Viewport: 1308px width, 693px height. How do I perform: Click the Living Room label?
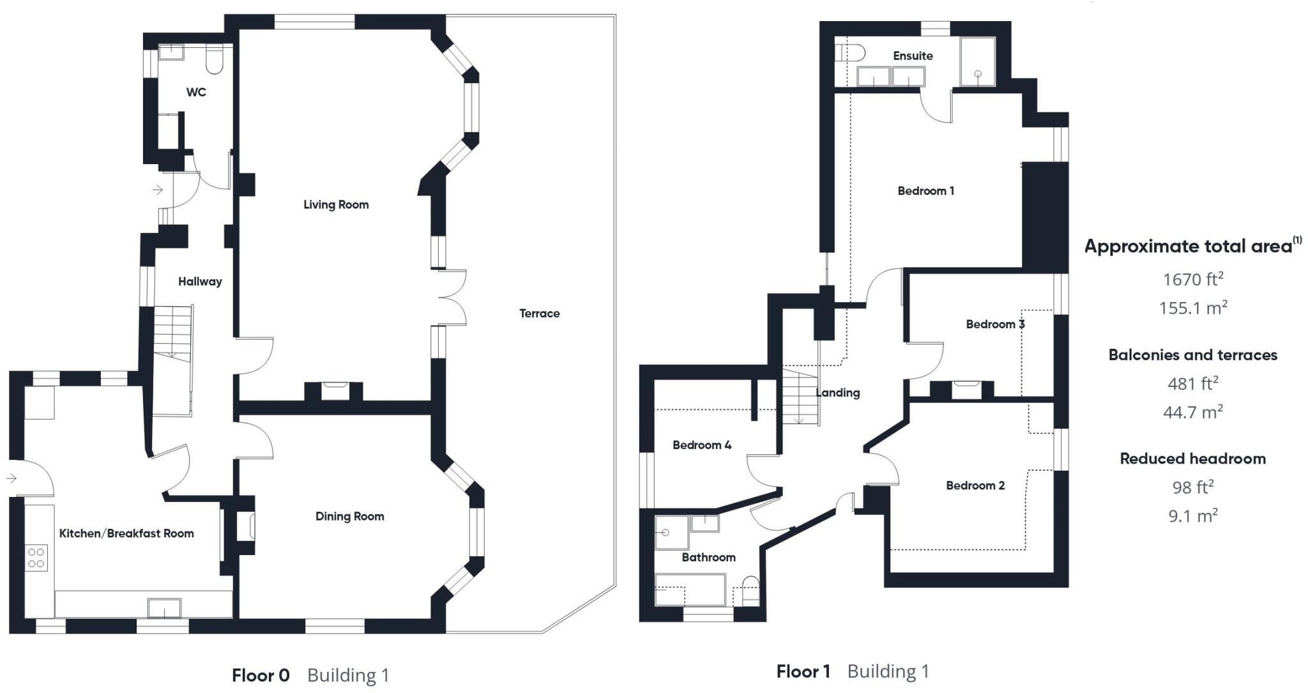coord(336,204)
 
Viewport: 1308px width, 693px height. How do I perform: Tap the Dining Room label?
coord(349,516)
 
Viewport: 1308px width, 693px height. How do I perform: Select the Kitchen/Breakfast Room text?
coord(126,533)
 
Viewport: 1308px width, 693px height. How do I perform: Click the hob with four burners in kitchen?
coord(36,558)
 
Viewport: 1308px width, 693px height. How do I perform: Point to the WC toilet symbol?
coord(215,59)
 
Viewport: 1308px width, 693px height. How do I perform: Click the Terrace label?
coord(539,313)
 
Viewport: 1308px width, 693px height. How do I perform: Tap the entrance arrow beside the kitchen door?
coord(11,478)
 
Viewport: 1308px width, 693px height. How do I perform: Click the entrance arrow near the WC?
coord(157,190)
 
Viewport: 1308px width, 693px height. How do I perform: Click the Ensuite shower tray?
coord(977,62)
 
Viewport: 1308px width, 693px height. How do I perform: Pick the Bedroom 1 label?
coord(925,190)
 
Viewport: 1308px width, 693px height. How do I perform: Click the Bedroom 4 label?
coord(701,445)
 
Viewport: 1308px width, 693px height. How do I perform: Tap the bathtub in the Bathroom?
coord(690,590)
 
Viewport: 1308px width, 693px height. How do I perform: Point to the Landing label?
coord(837,393)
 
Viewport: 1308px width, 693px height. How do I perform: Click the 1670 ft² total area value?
coord(1192,279)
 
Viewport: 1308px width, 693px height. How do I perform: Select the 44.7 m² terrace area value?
coord(1192,412)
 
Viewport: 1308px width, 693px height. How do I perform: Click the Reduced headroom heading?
coord(1192,458)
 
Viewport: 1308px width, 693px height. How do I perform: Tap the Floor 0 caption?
coord(261,675)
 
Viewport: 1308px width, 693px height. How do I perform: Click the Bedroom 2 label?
coord(975,485)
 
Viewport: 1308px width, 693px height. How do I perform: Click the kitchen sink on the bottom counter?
coord(164,608)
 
